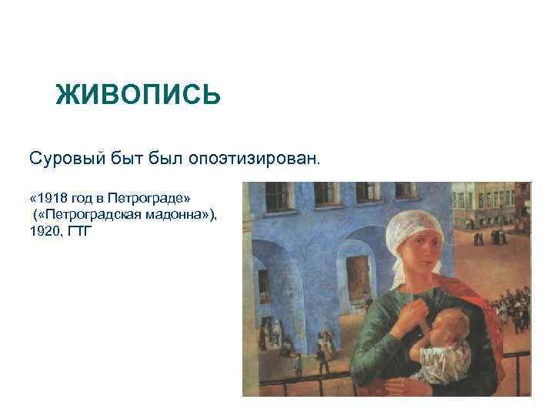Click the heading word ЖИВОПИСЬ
click(138, 96)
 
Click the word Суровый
click(60, 159)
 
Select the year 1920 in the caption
click(43, 230)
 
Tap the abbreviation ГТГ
click(79, 230)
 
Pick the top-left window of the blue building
click(276, 196)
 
